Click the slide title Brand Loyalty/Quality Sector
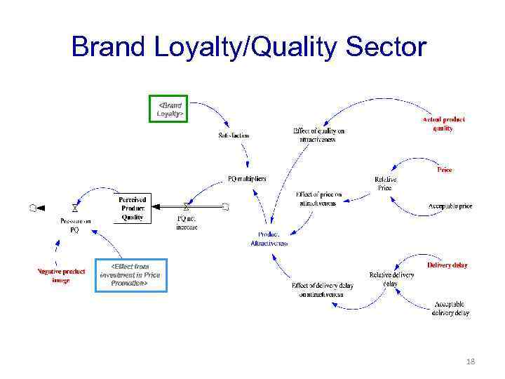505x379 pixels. tap(249, 47)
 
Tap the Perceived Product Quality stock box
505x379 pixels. tap(132, 208)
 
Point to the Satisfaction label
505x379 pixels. tap(234, 135)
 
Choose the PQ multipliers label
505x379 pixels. tap(247, 178)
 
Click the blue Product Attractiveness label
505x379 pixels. tap(269, 239)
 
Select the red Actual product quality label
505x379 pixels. tap(443, 124)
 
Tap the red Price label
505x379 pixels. tap(445, 170)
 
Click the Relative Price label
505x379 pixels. tap(384, 183)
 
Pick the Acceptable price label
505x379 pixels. tap(450, 206)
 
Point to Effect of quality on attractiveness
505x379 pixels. tap(318, 135)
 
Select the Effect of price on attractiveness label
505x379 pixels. tap(318, 199)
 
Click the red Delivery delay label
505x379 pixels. tap(447, 265)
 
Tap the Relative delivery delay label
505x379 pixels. tap(391, 279)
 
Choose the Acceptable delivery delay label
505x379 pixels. tap(450, 308)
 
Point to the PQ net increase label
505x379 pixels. tap(187, 222)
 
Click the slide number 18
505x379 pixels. tap(470, 361)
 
